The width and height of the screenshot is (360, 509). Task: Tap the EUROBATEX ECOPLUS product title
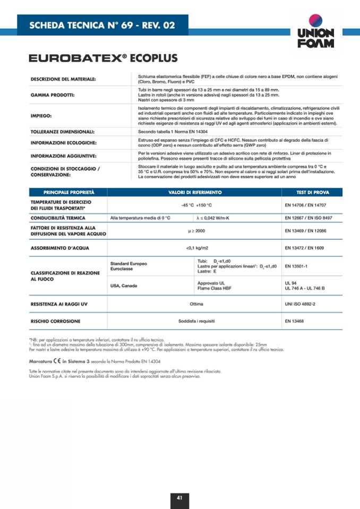tap(103, 58)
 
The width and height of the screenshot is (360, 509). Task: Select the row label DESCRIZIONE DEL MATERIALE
tap(63, 79)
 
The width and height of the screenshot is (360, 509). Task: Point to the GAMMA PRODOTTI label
tap(53, 96)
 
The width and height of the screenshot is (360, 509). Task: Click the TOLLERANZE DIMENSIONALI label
tap(62, 131)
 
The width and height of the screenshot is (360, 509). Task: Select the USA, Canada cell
tap(123, 286)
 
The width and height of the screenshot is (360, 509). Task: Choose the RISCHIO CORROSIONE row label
tap(55, 321)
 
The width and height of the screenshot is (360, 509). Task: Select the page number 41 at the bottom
tap(179, 498)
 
